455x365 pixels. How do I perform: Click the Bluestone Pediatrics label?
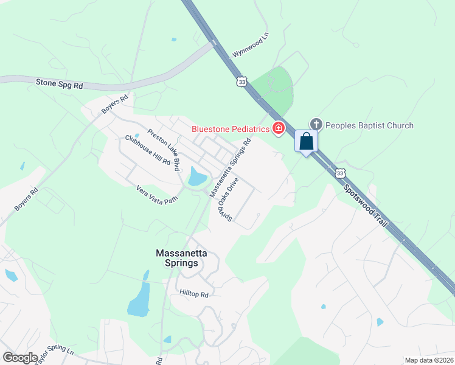click(230, 129)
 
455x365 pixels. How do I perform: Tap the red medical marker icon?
click(279, 128)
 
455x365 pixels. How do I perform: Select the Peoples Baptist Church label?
click(369, 125)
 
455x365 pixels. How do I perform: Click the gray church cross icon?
click(315, 125)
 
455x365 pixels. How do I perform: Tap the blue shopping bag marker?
click(307, 141)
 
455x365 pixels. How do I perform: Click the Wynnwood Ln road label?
click(250, 49)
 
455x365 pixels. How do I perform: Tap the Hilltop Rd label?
click(194, 294)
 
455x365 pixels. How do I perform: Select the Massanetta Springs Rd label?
click(231, 168)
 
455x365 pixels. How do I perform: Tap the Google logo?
click(20, 358)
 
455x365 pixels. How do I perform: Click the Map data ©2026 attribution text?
click(429, 360)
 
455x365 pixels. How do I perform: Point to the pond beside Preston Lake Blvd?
click(197, 176)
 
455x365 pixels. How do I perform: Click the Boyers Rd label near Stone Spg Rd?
click(115, 103)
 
